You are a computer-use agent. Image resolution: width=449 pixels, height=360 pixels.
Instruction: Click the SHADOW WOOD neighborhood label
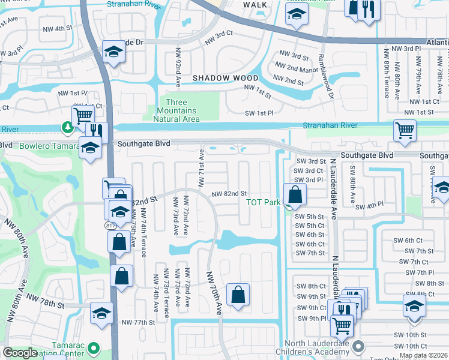[225, 78]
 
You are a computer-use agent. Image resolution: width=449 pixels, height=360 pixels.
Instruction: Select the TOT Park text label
[263, 202]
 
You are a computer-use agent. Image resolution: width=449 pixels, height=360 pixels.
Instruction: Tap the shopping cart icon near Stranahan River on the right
[405, 130]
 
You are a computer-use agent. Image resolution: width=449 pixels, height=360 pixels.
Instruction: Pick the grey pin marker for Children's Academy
[358, 346]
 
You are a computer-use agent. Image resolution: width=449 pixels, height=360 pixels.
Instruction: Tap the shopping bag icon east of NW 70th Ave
[238, 295]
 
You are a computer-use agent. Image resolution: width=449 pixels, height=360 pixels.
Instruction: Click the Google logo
[20, 353]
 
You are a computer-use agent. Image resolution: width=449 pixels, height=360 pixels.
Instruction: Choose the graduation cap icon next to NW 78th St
[101, 313]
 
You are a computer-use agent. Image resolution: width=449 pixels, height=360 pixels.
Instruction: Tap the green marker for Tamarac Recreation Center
[93, 347]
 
